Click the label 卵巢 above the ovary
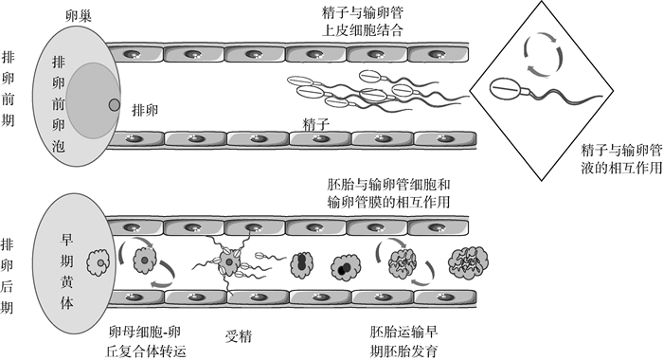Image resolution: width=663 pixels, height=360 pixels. click(79, 16)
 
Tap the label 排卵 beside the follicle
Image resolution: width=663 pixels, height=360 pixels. click(145, 111)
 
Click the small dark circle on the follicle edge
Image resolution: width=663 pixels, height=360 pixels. click(115, 104)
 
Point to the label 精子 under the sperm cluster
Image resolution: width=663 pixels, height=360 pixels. click(315, 125)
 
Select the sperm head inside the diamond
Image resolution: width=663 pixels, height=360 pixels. click(505, 88)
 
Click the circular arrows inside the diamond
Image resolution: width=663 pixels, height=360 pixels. click(544, 55)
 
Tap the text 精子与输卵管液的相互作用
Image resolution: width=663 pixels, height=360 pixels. click(621, 159)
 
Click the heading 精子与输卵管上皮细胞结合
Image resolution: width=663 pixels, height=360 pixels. click(363, 21)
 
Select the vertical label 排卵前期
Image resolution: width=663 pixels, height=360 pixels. click(8, 89)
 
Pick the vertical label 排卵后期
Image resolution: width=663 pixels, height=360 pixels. click(7, 276)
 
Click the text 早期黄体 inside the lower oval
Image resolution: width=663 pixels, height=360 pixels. click(67, 271)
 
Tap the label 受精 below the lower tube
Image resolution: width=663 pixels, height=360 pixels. click(238, 336)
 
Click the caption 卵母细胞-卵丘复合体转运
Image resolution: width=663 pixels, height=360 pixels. click(146, 341)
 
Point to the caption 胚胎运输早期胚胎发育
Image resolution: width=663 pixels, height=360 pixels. click(403, 341)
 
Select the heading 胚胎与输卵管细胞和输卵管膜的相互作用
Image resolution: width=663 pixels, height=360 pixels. click(388, 193)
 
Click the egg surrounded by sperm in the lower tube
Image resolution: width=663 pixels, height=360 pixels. click(228, 262)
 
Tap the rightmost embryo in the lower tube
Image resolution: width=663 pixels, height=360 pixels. click(468, 262)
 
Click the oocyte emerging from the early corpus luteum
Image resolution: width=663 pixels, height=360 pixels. click(99, 262)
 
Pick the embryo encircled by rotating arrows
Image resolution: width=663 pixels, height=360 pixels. click(403, 262)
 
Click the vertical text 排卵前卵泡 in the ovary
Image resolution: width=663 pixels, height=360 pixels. click(59, 103)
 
